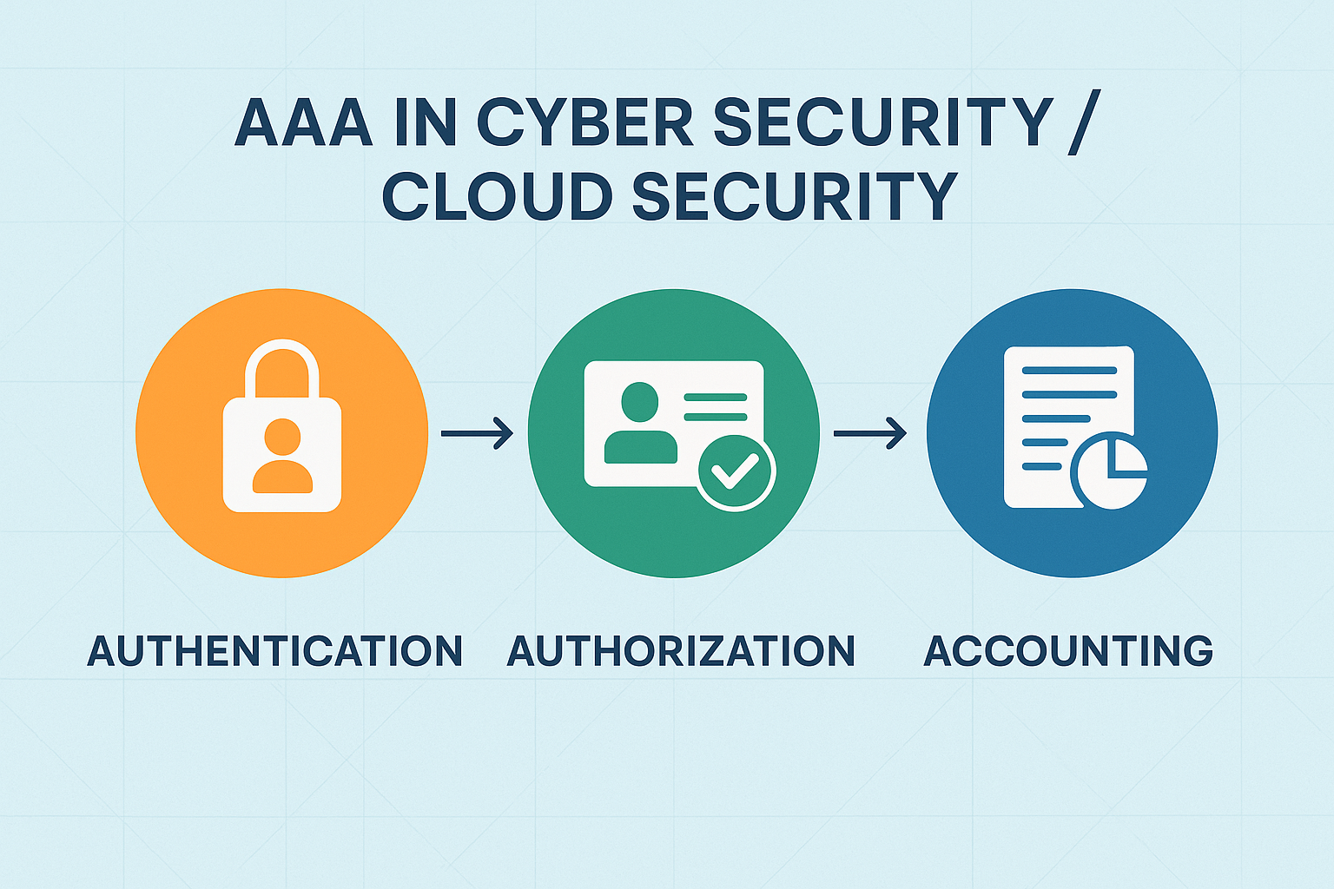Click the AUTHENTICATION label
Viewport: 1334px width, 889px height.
[x=275, y=651]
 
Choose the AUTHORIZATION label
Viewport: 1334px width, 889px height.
[x=681, y=651]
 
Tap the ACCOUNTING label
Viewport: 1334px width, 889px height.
[x=1068, y=651]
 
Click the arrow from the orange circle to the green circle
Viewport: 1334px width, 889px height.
[x=477, y=432]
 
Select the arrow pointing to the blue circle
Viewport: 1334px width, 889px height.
[x=869, y=432]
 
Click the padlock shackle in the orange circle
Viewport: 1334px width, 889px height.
[x=282, y=365]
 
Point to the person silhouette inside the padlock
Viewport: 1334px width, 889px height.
[x=282, y=456]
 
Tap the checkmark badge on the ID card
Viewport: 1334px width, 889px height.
[x=736, y=471]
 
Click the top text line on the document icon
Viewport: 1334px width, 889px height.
[x=1069, y=371]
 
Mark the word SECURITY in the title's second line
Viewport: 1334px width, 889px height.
[x=795, y=195]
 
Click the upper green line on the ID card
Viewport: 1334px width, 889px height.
[x=716, y=398]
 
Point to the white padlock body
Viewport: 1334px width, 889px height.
[x=282, y=486]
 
